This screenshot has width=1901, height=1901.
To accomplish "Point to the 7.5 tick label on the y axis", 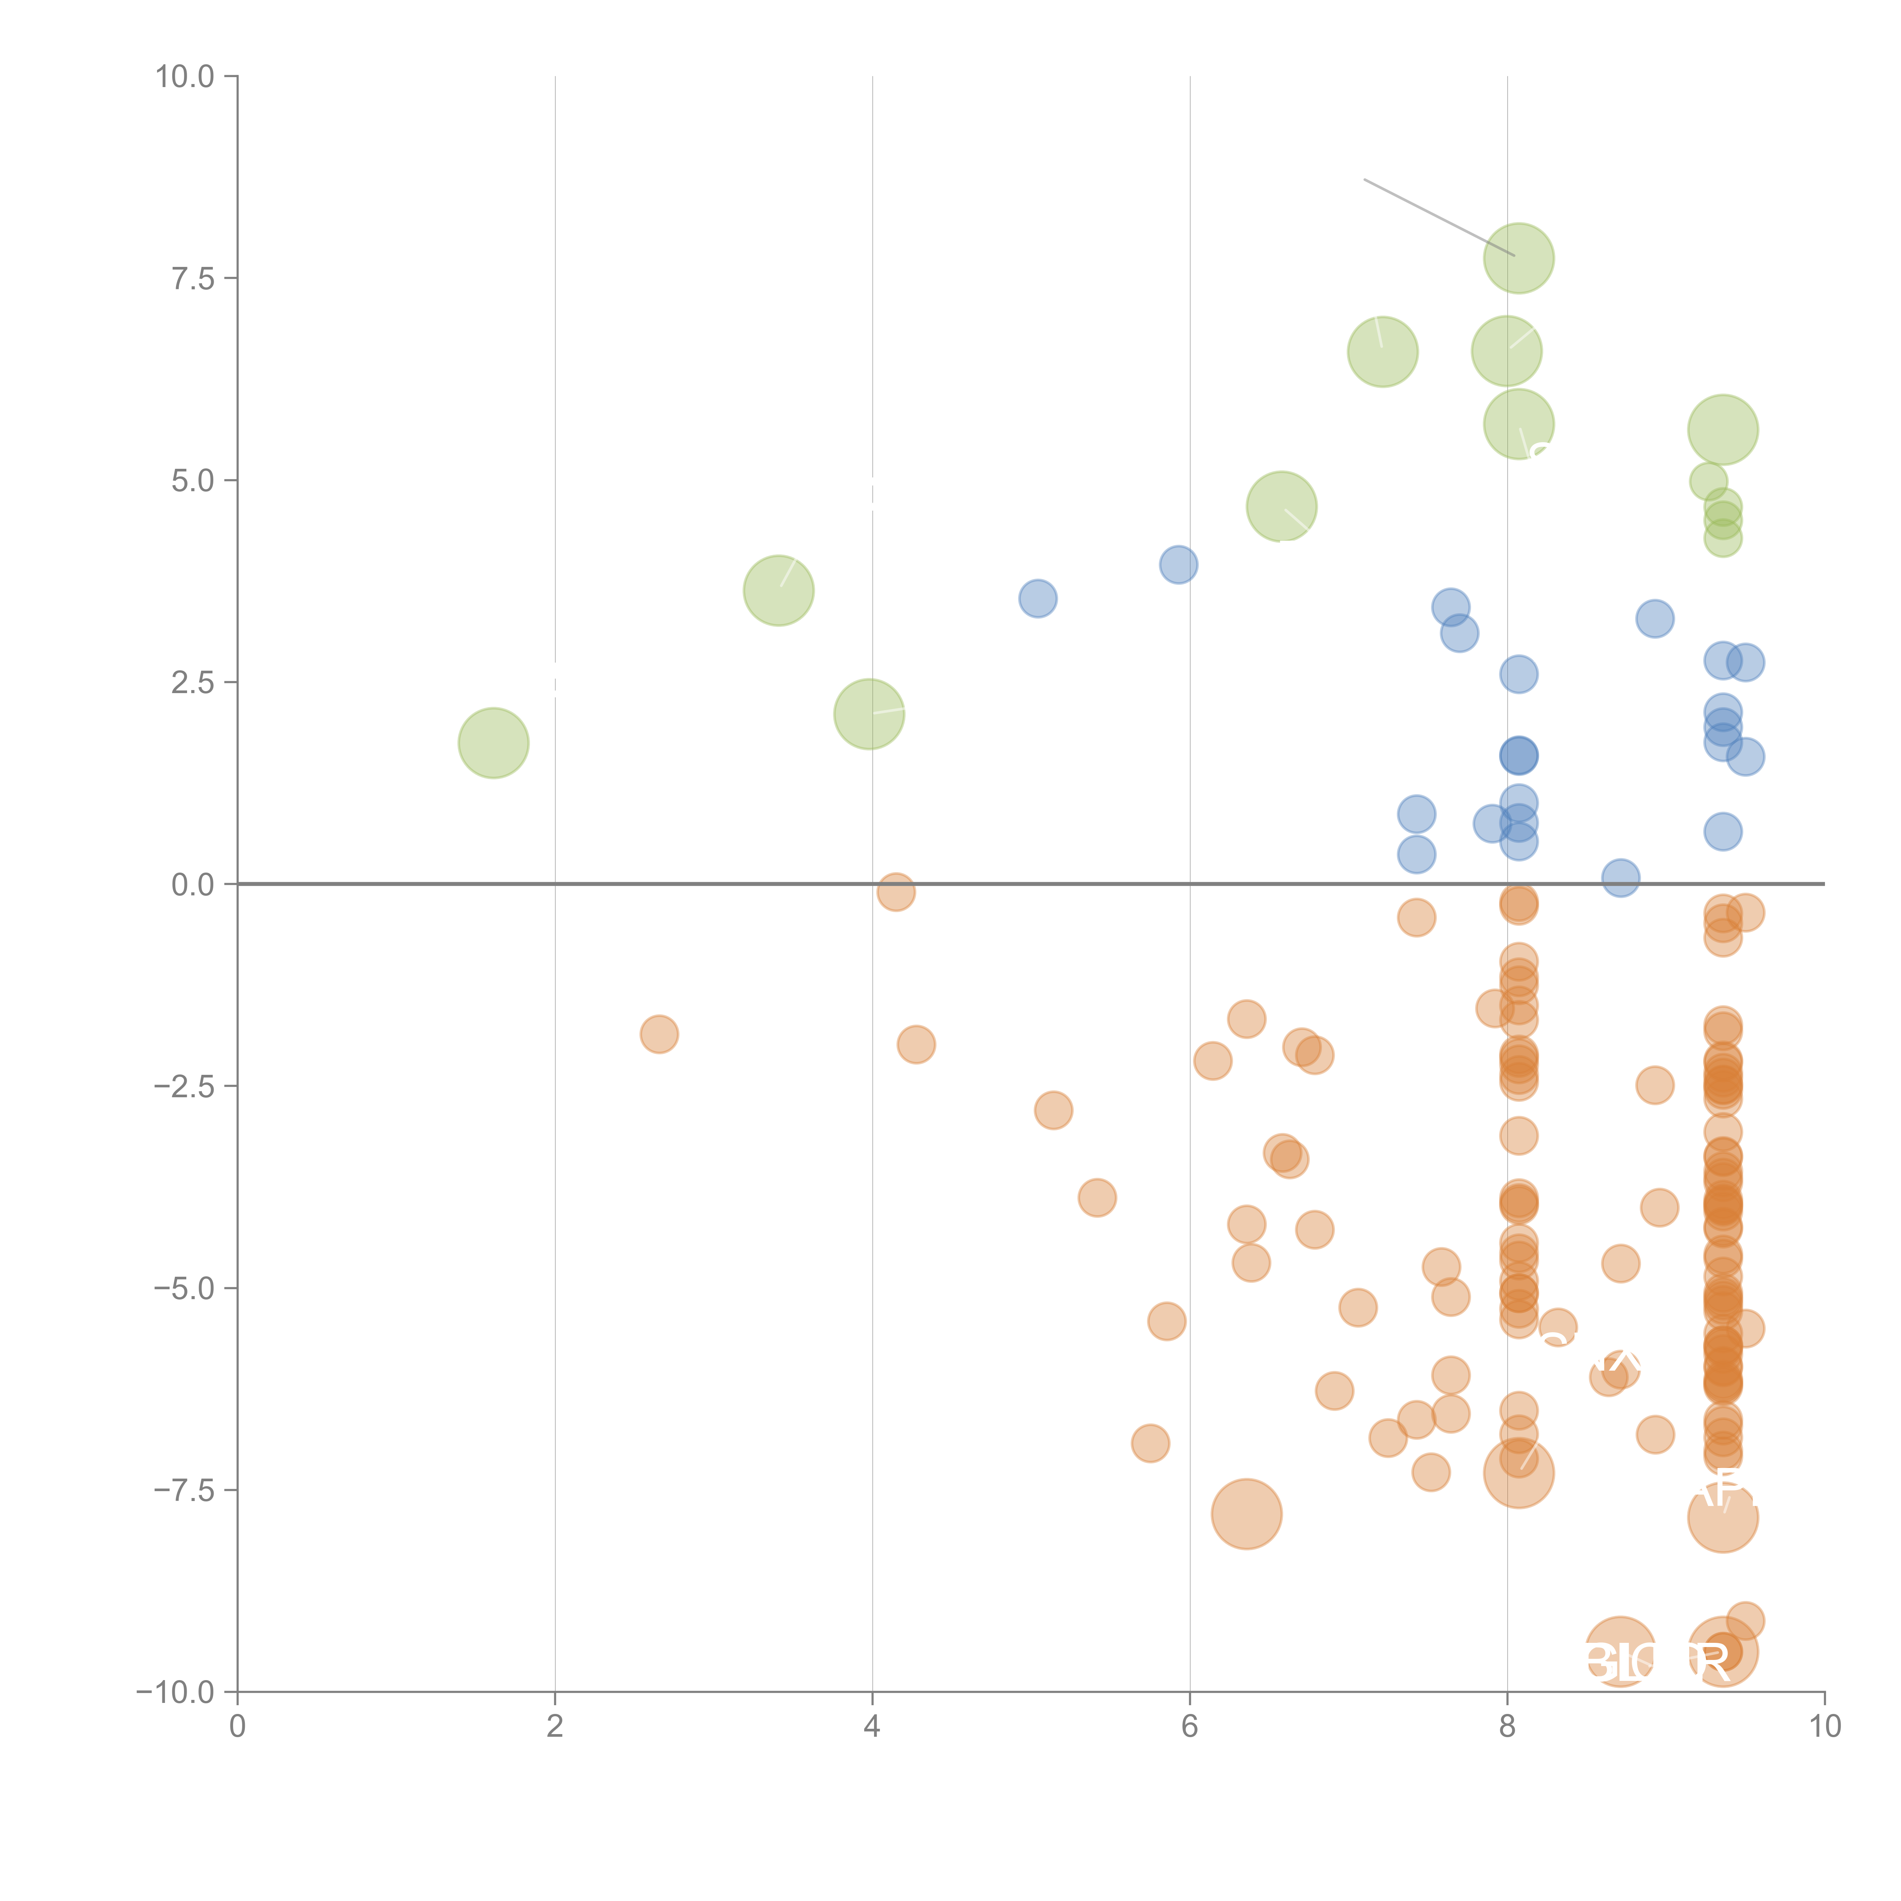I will pos(193,278).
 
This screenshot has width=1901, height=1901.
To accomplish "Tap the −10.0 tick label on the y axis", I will pos(175,1692).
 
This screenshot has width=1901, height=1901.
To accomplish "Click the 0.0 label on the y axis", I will pos(193,885).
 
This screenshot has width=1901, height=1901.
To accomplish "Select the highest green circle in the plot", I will pos(1518,258).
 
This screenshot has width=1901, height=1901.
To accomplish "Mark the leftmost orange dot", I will pos(659,1034).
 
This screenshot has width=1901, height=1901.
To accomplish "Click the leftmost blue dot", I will pos(1037,598).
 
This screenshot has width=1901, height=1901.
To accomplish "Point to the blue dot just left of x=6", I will pos(1178,565).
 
